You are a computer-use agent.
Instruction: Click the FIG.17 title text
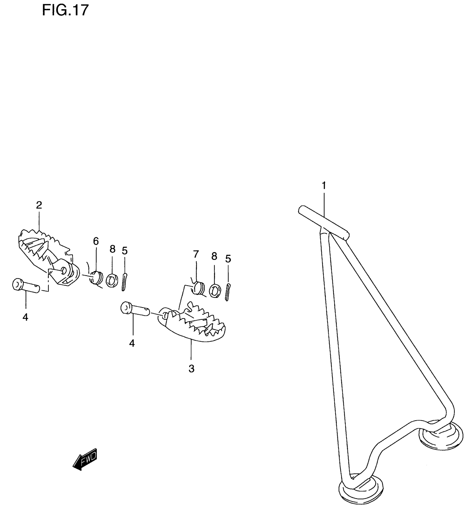(x=65, y=11)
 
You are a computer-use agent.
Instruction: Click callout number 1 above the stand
(x=324, y=186)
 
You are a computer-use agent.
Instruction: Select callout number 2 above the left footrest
(x=39, y=205)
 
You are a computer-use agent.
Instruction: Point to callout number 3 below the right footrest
(x=191, y=369)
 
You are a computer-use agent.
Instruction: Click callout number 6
(x=96, y=241)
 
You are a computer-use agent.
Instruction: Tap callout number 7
(x=195, y=255)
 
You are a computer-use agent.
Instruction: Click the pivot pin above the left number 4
(x=26, y=286)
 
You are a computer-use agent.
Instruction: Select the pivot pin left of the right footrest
(x=135, y=309)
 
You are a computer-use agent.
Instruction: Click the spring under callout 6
(x=96, y=278)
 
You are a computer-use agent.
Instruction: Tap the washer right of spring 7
(x=215, y=291)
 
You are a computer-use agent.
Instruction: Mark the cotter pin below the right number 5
(x=228, y=292)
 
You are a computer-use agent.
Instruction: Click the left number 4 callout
(x=25, y=317)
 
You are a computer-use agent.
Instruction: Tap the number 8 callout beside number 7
(x=214, y=256)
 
